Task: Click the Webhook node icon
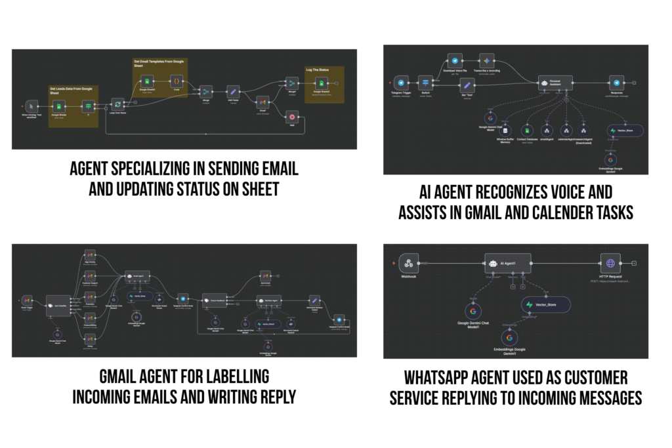[x=408, y=263]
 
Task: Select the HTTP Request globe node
[x=610, y=263]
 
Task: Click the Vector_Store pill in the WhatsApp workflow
[x=546, y=304]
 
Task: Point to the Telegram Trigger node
[x=400, y=83]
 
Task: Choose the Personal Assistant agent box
[x=555, y=83]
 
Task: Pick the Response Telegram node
[x=616, y=83]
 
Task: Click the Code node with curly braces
[x=177, y=81]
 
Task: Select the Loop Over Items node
[x=117, y=103]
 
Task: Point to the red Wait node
[x=292, y=116]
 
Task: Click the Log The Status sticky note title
[x=318, y=68]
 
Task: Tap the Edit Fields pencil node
[x=232, y=92]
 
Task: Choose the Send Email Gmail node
[x=265, y=275]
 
